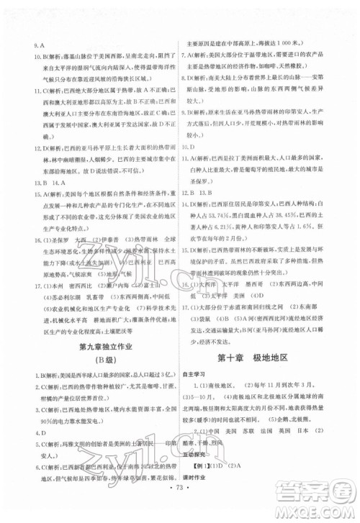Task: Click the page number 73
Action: click(179, 497)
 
